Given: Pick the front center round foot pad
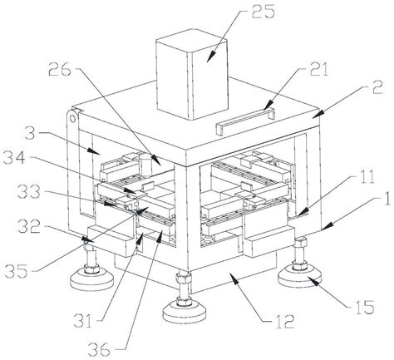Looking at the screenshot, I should point(184,312).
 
